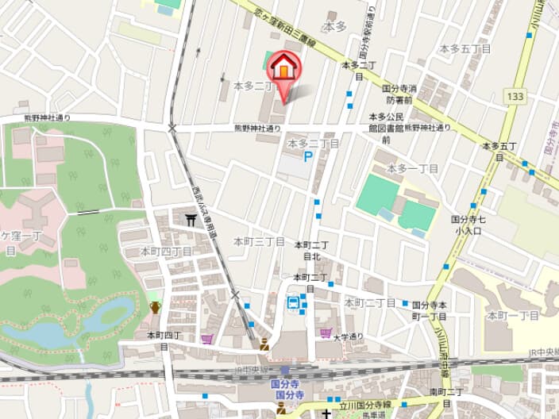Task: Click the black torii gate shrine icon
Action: (191, 222)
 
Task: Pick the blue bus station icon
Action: (294, 302)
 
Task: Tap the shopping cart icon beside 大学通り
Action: (325, 333)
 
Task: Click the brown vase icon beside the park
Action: (154, 306)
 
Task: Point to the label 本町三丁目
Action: (259, 240)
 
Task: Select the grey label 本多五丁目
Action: (465, 48)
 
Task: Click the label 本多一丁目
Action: (413, 168)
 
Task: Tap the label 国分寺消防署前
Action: (400, 94)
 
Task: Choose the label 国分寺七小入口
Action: (468, 225)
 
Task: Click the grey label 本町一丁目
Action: (513, 315)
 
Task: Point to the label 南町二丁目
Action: (446, 392)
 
